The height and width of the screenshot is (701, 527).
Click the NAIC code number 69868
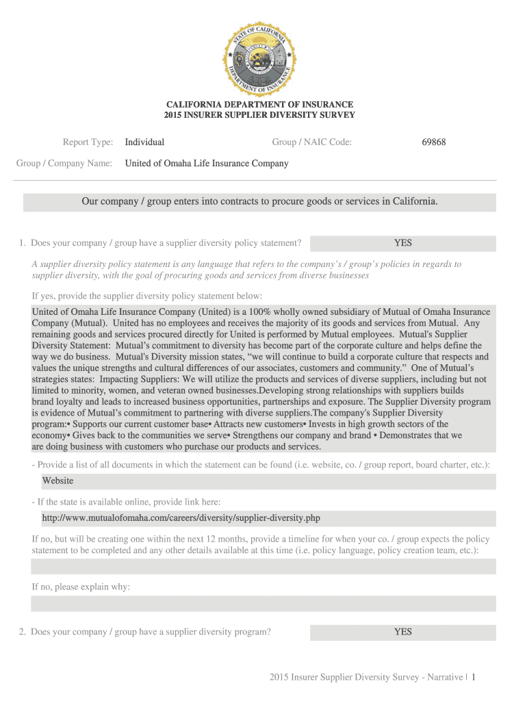[x=434, y=142]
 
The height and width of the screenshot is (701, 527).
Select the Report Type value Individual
[x=144, y=142]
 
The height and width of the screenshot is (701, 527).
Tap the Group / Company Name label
[x=64, y=164]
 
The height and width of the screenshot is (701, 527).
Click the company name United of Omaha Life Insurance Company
[x=206, y=164]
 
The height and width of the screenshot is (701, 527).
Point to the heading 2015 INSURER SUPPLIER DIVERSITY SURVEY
[x=259, y=115]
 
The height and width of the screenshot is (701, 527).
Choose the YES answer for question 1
[x=402, y=243]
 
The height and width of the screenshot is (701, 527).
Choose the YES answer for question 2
[x=402, y=632]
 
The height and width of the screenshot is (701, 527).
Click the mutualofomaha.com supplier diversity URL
[x=181, y=518]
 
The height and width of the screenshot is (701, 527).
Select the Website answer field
[x=263, y=481]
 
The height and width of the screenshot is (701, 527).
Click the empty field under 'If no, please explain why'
[x=263, y=604]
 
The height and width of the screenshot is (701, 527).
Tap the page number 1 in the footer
[x=473, y=677]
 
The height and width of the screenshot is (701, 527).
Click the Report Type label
[x=88, y=142]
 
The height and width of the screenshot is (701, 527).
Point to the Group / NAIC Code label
[x=311, y=142]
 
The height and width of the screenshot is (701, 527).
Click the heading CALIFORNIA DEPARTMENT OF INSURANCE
[x=259, y=105]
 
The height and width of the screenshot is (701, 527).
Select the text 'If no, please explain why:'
[x=81, y=587]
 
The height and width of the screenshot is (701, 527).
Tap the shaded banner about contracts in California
[x=259, y=202]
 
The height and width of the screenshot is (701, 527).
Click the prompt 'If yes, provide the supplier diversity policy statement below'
[x=147, y=296]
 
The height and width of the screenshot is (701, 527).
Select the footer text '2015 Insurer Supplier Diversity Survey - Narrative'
[x=366, y=677]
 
